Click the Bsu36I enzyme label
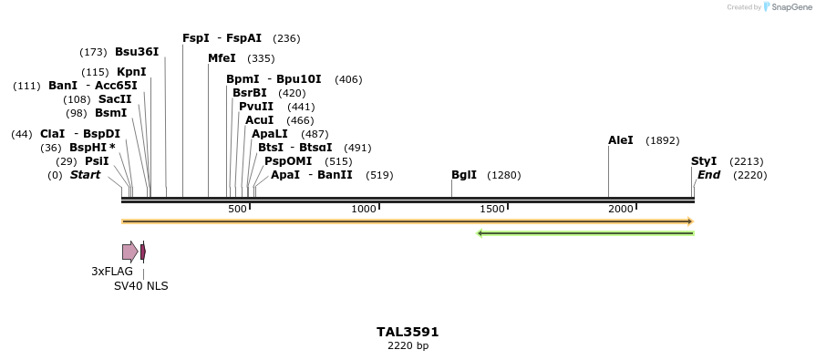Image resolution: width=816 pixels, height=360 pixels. click(x=137, y=52)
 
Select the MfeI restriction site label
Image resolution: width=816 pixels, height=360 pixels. click(x=222, y=58)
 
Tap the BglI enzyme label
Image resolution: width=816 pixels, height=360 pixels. click(x=464, y=175)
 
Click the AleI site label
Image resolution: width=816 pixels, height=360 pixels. click(x=621, y=140)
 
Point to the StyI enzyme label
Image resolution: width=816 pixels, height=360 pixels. click(x=704, y=161)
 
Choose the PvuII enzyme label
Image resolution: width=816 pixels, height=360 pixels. click(x=256, y=107)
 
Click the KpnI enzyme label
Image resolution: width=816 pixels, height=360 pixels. click(x=131, y=72)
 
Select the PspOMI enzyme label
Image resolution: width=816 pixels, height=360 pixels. click(x=283, y=161)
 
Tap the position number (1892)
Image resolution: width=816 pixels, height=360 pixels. click(x=662, y=141)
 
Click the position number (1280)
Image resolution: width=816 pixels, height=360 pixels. click(x=504, y=175)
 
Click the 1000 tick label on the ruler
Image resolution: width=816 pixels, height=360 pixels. click(x=364, y=210)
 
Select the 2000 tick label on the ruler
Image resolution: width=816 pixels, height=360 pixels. click(x=621, y=210)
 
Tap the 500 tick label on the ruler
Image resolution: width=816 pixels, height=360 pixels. click(x=237, y=210)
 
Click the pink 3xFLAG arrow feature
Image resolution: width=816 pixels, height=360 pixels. click(x=129, y=252)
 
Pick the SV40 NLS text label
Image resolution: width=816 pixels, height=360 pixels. click(x=140, y=286)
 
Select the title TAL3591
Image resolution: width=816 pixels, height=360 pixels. click(x=408, y=332)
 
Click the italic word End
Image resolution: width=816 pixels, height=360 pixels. click(x=708, y=175)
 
